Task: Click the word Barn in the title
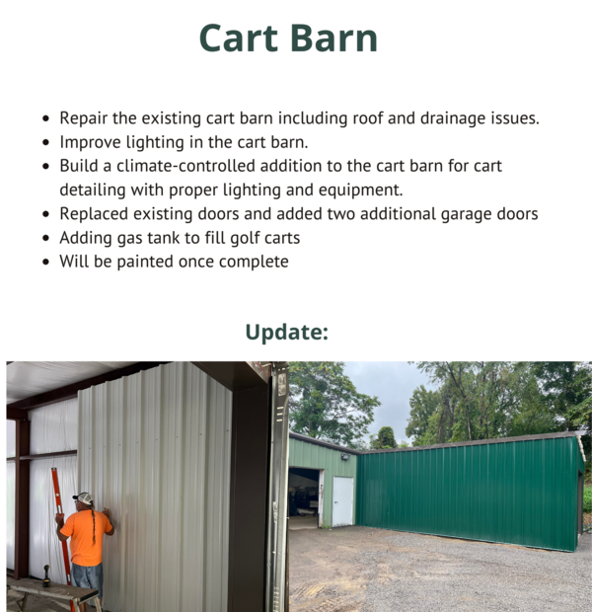pyautogui.click(x=333, y=38)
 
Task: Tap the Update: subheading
pyautogui.click(x=287, y=332)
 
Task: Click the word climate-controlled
pyautogui.click(x=185, y=166)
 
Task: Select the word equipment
pyautogui.click(x=360, y=191)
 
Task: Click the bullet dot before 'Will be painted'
pyautogui.click(x=46, y=262)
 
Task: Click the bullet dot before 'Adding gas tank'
pyautogui.click(x=46, y=238)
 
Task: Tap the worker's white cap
pyautogui.click(x=83, y=498)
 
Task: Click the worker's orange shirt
pyautogui.click(x=86, y=538)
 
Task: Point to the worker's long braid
pyautogui.click(x=94, y=523)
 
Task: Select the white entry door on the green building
pyautogui.click(x=342, y=501)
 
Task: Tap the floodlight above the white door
pyautogui.click(x=345, y=456)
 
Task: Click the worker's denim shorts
pyautogui.click(x=88, y=580)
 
